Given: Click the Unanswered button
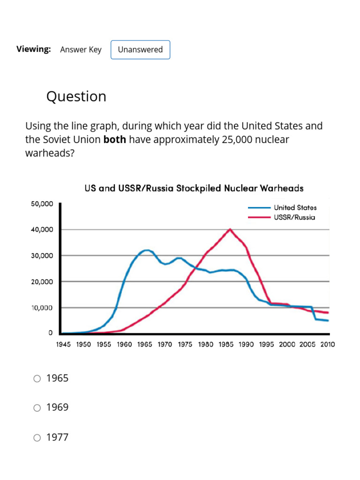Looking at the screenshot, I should point(140,50).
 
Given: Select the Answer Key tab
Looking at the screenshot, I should point(81,50).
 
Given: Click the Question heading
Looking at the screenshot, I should point(76,96).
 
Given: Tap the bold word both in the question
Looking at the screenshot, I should point(114,139).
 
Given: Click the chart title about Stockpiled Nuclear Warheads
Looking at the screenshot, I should point(194,188).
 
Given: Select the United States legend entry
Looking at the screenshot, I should point(295,207).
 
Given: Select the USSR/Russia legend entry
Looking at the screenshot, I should point(294,217).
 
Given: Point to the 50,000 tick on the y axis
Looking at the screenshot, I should point(42,204).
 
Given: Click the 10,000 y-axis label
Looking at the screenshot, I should point(42,307).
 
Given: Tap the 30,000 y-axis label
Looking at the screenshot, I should point(42,256).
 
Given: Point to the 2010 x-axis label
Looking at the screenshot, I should point(327,344).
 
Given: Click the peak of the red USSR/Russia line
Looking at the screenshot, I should point(230,229).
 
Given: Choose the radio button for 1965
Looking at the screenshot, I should point(37,379).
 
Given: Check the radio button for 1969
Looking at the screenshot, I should point(37,408).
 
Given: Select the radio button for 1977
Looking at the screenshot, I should point(37,438).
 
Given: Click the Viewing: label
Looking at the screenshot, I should point(34,49).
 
